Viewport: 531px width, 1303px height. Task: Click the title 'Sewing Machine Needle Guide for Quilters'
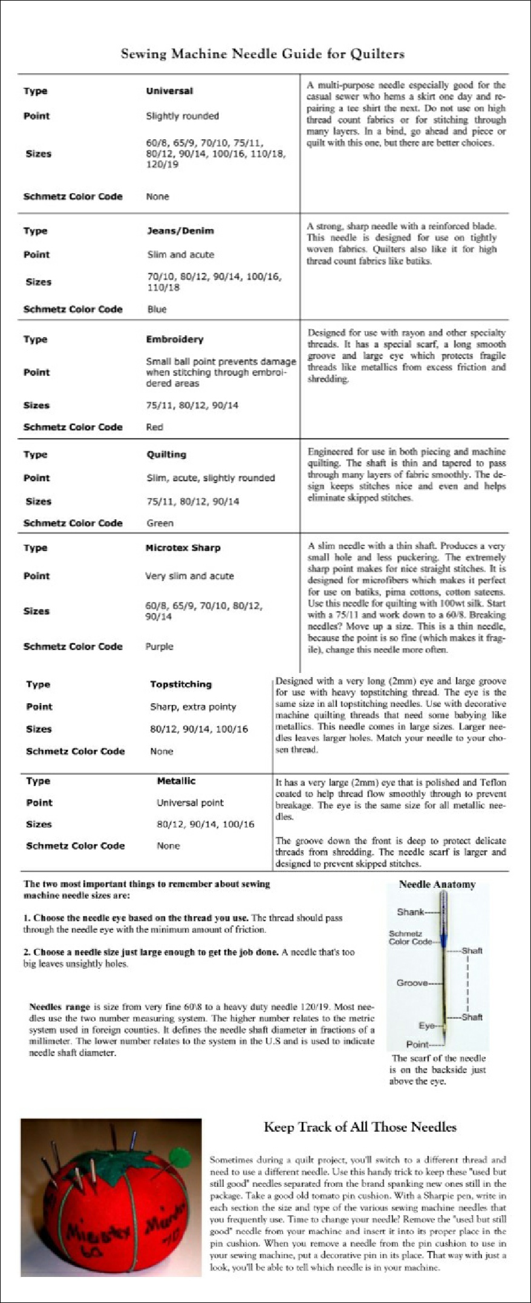click(262, 54)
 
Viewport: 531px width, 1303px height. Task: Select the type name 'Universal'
click(169, 91)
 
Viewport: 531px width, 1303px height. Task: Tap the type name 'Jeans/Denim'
click(180, 231)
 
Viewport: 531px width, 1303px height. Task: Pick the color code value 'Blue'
click(157, 309)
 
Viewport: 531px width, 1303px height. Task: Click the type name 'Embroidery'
click(174, 340)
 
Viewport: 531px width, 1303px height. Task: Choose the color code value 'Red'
click(154, 427)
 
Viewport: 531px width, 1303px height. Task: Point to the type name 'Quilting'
click(166, 455)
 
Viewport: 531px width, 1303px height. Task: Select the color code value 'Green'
click(160, 523)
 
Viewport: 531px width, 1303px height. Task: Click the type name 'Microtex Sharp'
click(183, 548)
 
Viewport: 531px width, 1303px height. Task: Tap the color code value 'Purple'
click(159, 646)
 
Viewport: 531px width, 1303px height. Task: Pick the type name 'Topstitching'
click(181, 684)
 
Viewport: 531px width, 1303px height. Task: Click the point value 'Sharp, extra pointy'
click(193, 707)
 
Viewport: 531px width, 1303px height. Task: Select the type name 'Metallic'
click(176, 781)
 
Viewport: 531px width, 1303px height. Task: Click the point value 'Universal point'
click(190, 802)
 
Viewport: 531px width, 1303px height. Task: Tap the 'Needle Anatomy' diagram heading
click(437, 884)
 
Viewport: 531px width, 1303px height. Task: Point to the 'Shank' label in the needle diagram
click(410, 912)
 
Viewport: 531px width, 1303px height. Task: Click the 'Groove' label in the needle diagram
click(412, 983)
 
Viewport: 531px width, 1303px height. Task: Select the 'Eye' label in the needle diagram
click(426, 1026)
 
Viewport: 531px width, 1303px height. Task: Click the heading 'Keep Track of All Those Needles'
click(360, 1127)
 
